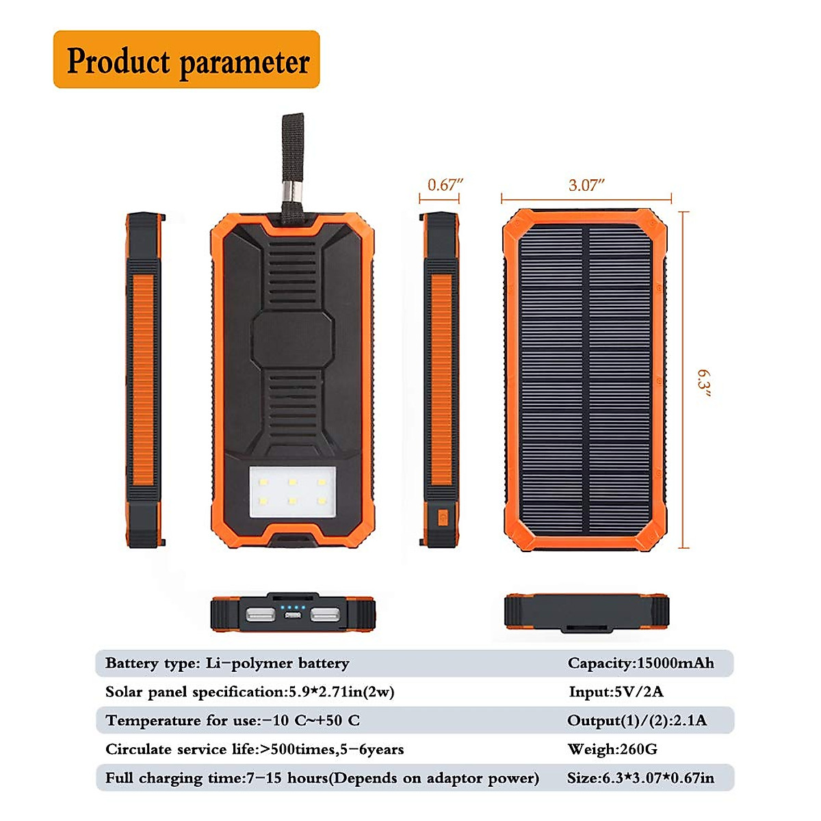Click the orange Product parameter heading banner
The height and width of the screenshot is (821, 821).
click(186, 60)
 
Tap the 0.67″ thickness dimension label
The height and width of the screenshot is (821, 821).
click(445, 185)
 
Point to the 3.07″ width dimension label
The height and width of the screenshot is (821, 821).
click(586, 185)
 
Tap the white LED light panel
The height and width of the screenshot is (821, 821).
click(293, 491)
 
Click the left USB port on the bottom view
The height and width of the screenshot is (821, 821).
click(260, 614)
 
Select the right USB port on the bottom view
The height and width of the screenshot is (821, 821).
click(324, 614)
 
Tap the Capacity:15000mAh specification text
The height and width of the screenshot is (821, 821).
click(640, 663)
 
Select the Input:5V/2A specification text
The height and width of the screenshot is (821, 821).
click(616, 692)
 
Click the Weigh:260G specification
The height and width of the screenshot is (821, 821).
click(612, 749)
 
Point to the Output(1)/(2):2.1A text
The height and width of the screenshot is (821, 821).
click(636, 720)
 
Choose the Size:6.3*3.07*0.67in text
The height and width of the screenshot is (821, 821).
click(640, 778)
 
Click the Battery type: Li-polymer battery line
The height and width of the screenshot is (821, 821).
click(226, 663)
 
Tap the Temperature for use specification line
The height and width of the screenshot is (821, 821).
click(232, 720)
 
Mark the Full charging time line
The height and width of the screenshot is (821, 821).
click(322, 778)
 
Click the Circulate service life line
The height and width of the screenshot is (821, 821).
click(254, 749)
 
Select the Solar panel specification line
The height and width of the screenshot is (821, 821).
click(249, 692)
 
